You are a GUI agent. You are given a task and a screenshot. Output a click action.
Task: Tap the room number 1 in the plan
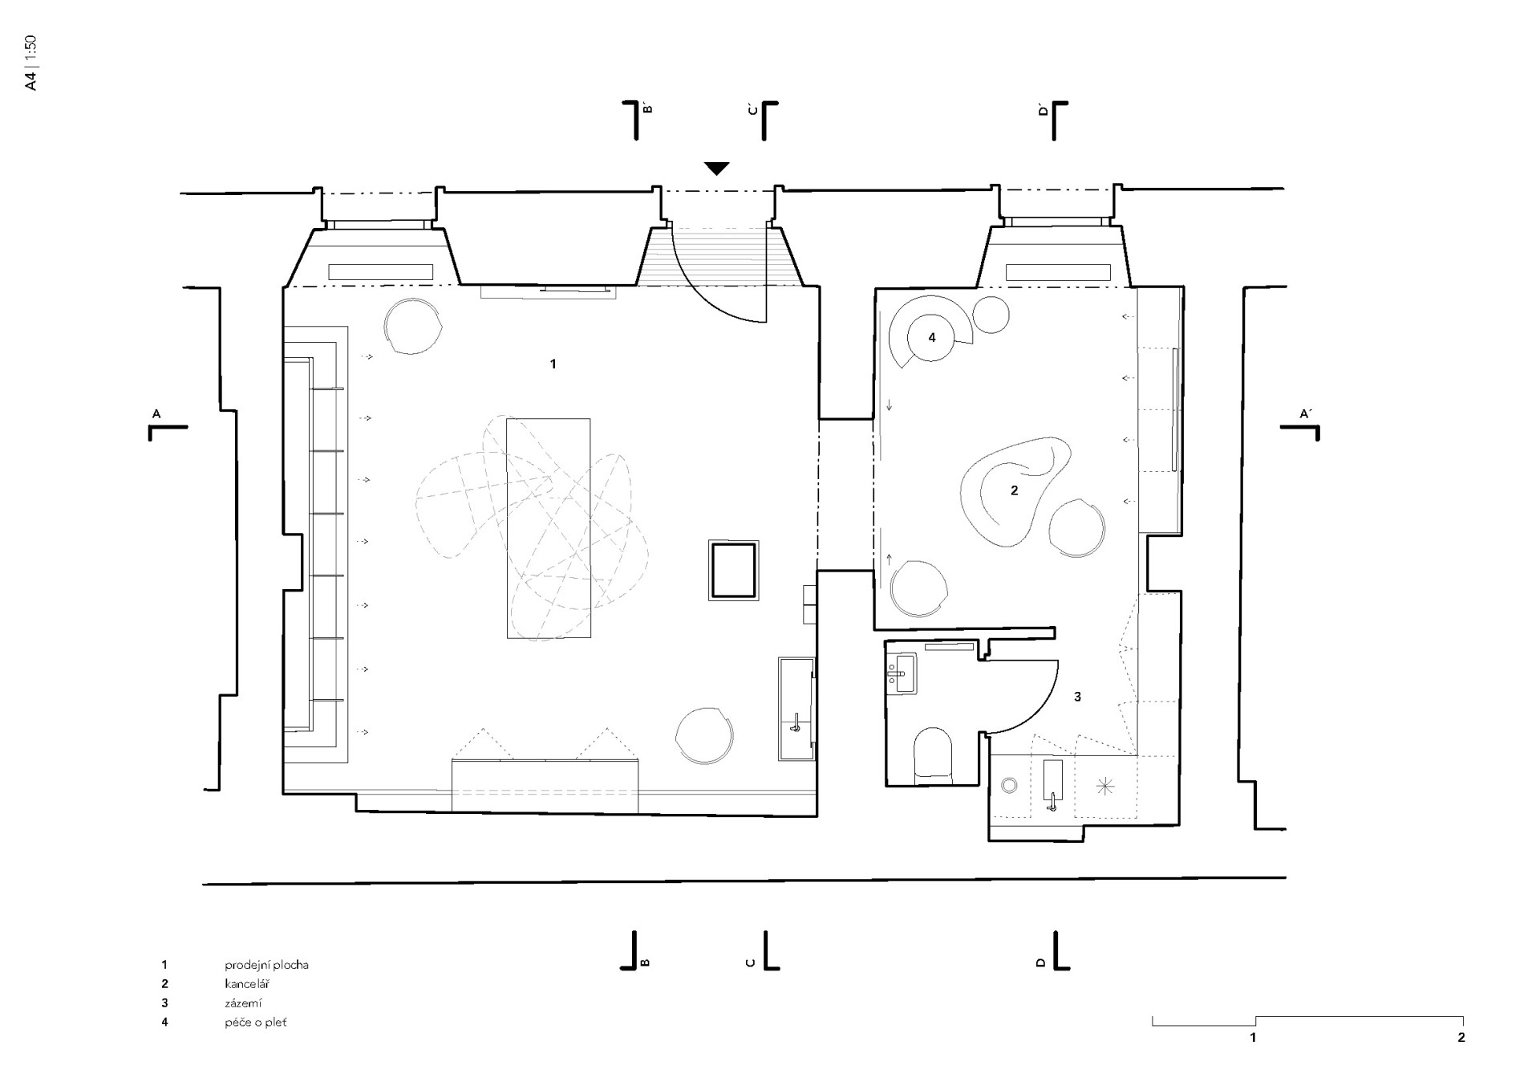click(553, 364)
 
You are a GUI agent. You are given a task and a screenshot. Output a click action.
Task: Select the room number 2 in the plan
click(1014, 490)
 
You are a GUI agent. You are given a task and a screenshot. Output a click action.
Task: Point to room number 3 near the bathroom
click(1077, 697)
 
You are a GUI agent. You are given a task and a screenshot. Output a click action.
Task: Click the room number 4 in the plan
click(932, 338)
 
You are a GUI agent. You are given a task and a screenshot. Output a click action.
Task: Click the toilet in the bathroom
click(932, 755)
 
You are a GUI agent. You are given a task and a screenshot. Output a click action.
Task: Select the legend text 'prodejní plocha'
click(266, 965)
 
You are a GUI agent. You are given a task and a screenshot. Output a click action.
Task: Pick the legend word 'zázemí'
click(243, 1003)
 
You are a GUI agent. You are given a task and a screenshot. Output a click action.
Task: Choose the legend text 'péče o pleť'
click(255, 1023)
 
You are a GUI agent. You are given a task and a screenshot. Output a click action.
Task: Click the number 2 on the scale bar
click(1461, 1038)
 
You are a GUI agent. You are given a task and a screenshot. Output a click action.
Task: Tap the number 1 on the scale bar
click(1253, 1038)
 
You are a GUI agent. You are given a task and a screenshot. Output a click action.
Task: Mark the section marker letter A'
click(1305, 414)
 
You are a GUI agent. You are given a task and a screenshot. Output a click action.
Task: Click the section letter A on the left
click(156, 414)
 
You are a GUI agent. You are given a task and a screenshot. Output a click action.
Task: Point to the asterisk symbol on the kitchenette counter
click(1104, 787)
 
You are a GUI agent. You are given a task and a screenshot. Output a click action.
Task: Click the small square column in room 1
click(733, 570)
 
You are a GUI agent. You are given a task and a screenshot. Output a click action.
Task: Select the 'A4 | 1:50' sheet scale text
click(30, 63)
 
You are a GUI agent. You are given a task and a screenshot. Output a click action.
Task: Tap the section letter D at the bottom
click(1041, 962)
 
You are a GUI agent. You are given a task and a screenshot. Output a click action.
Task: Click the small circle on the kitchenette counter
click(1009, 786)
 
